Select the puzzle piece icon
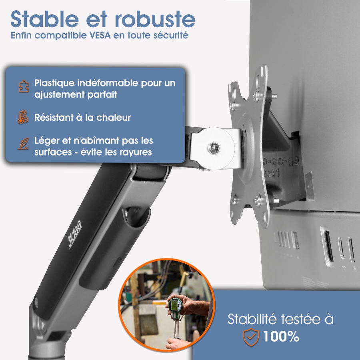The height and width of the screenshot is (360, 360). click(24, 87)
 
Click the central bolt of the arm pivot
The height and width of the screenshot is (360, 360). click(212, 149)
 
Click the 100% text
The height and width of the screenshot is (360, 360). click(281, 336)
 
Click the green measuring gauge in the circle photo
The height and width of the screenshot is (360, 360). click(175, 307)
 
